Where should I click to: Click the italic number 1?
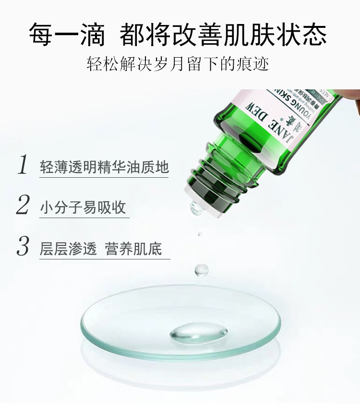(23, 164)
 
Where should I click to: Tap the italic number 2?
(23, 205)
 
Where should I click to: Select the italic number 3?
(23, 246)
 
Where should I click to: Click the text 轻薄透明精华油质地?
(104, 166)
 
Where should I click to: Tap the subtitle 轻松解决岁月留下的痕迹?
(178, 64)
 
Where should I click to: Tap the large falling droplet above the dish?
(202, 270)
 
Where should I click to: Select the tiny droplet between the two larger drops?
(200, 234)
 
